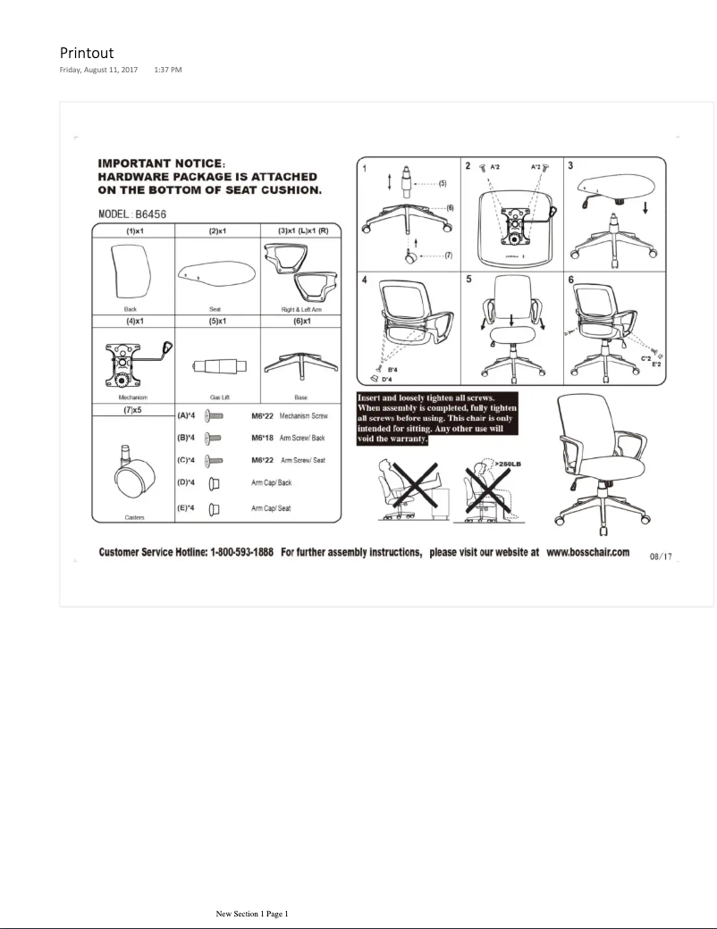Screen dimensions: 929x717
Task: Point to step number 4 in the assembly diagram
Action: (x=365, y=280)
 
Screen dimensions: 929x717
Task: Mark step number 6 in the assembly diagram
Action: (x=570, y=280)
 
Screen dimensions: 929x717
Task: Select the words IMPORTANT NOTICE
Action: (x=161, y=163)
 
